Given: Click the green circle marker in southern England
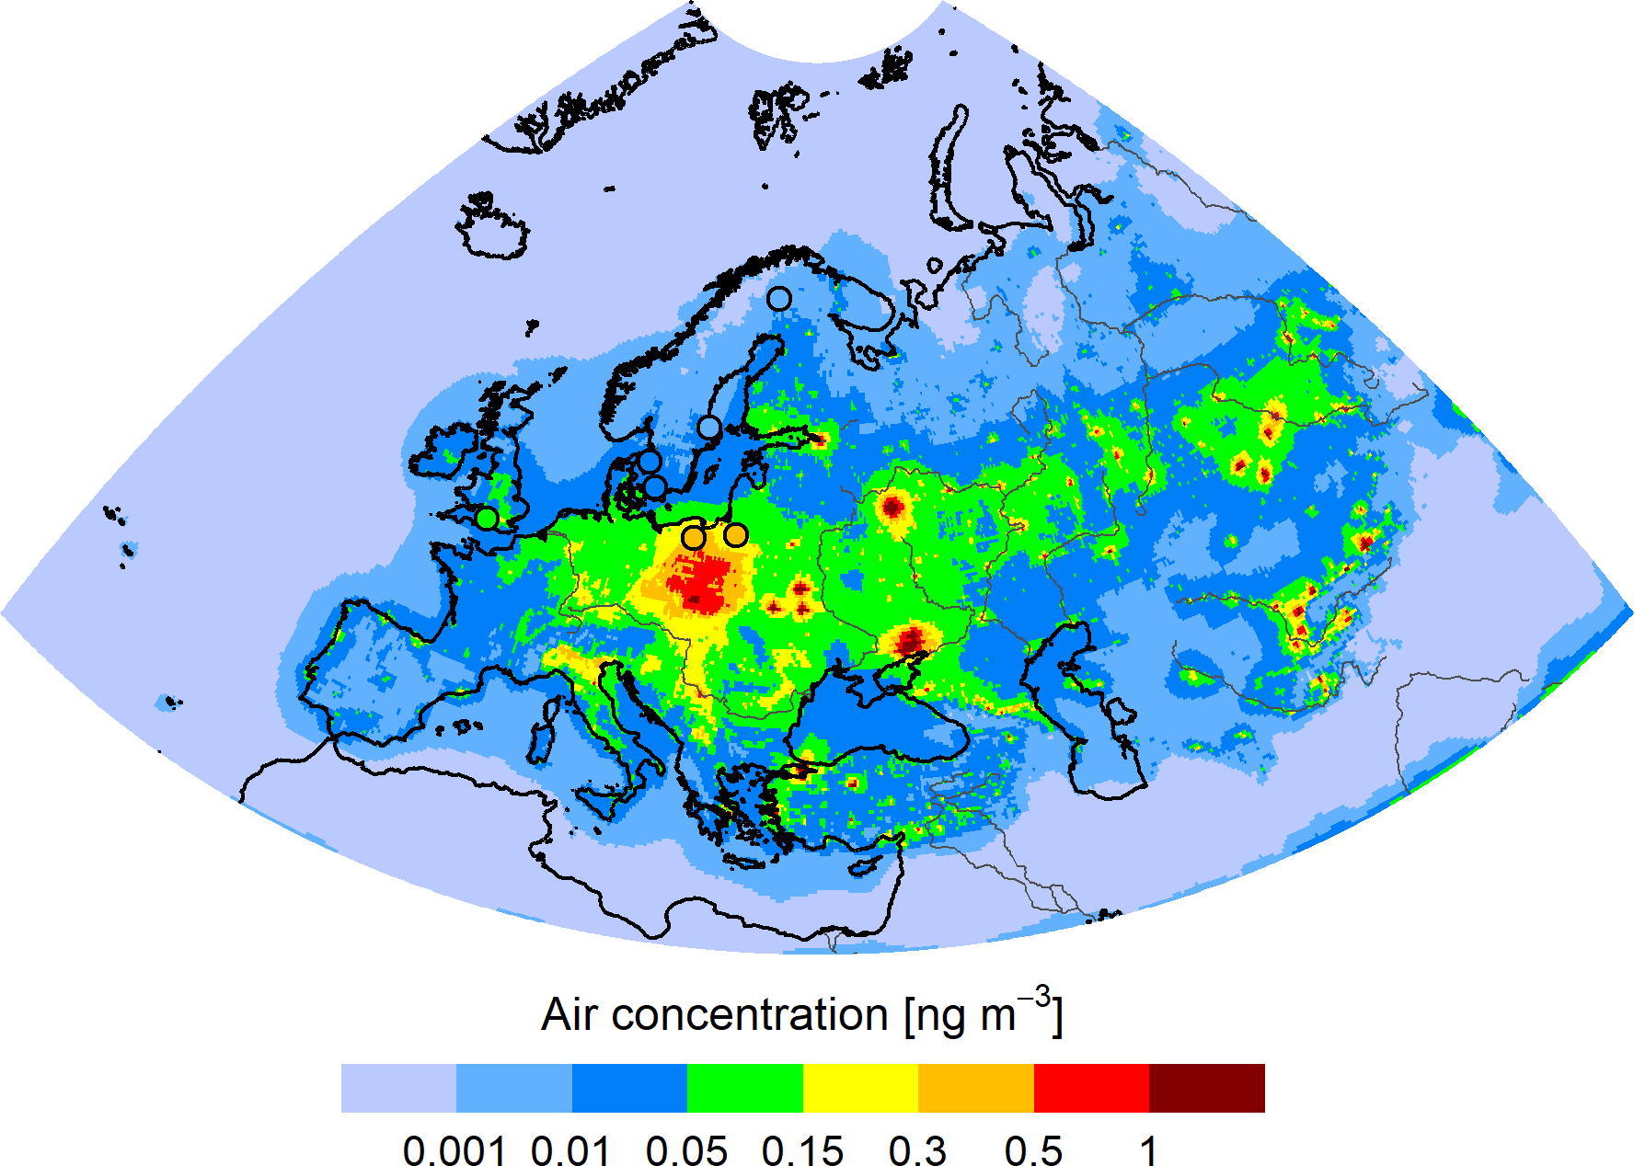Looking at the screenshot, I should click(x=487, y=518).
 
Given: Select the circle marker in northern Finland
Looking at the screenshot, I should click(x=778, y=299).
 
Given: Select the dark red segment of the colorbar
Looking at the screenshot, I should click(x=1206, y=1088).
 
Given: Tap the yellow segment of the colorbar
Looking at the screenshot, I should click(x=860, y=1088).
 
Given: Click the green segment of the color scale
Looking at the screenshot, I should click(x=744, y=1088).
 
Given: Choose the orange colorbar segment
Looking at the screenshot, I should click(x=975, y=1088).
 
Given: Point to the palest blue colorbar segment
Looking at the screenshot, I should click(x=398, y=1088).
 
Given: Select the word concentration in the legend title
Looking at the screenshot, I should click(x=749, y=1015).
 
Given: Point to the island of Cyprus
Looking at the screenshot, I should click(x=865, y=867).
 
